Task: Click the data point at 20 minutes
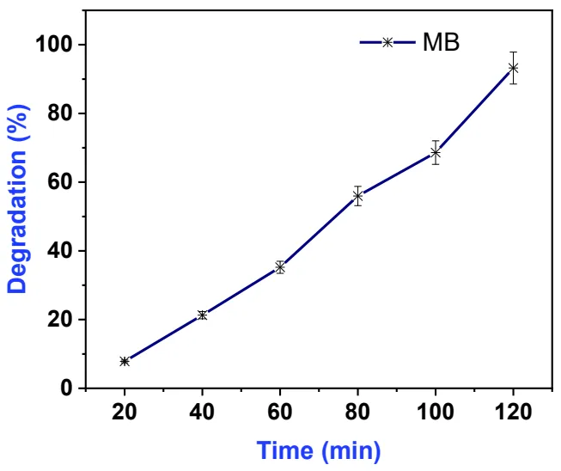(125, 361)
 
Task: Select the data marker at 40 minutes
(202, 315)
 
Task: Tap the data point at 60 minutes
(280, 267)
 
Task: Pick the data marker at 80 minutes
(357, 196)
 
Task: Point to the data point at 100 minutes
(436, 152)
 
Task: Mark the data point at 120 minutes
(514, 67)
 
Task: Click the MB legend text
(441, 42)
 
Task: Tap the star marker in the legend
(387, 42)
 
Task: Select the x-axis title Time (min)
(319, 450)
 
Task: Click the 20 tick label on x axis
(125, 412)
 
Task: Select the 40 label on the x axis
(202, 412)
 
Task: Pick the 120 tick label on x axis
(514, 412)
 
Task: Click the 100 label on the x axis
(436, 412)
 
